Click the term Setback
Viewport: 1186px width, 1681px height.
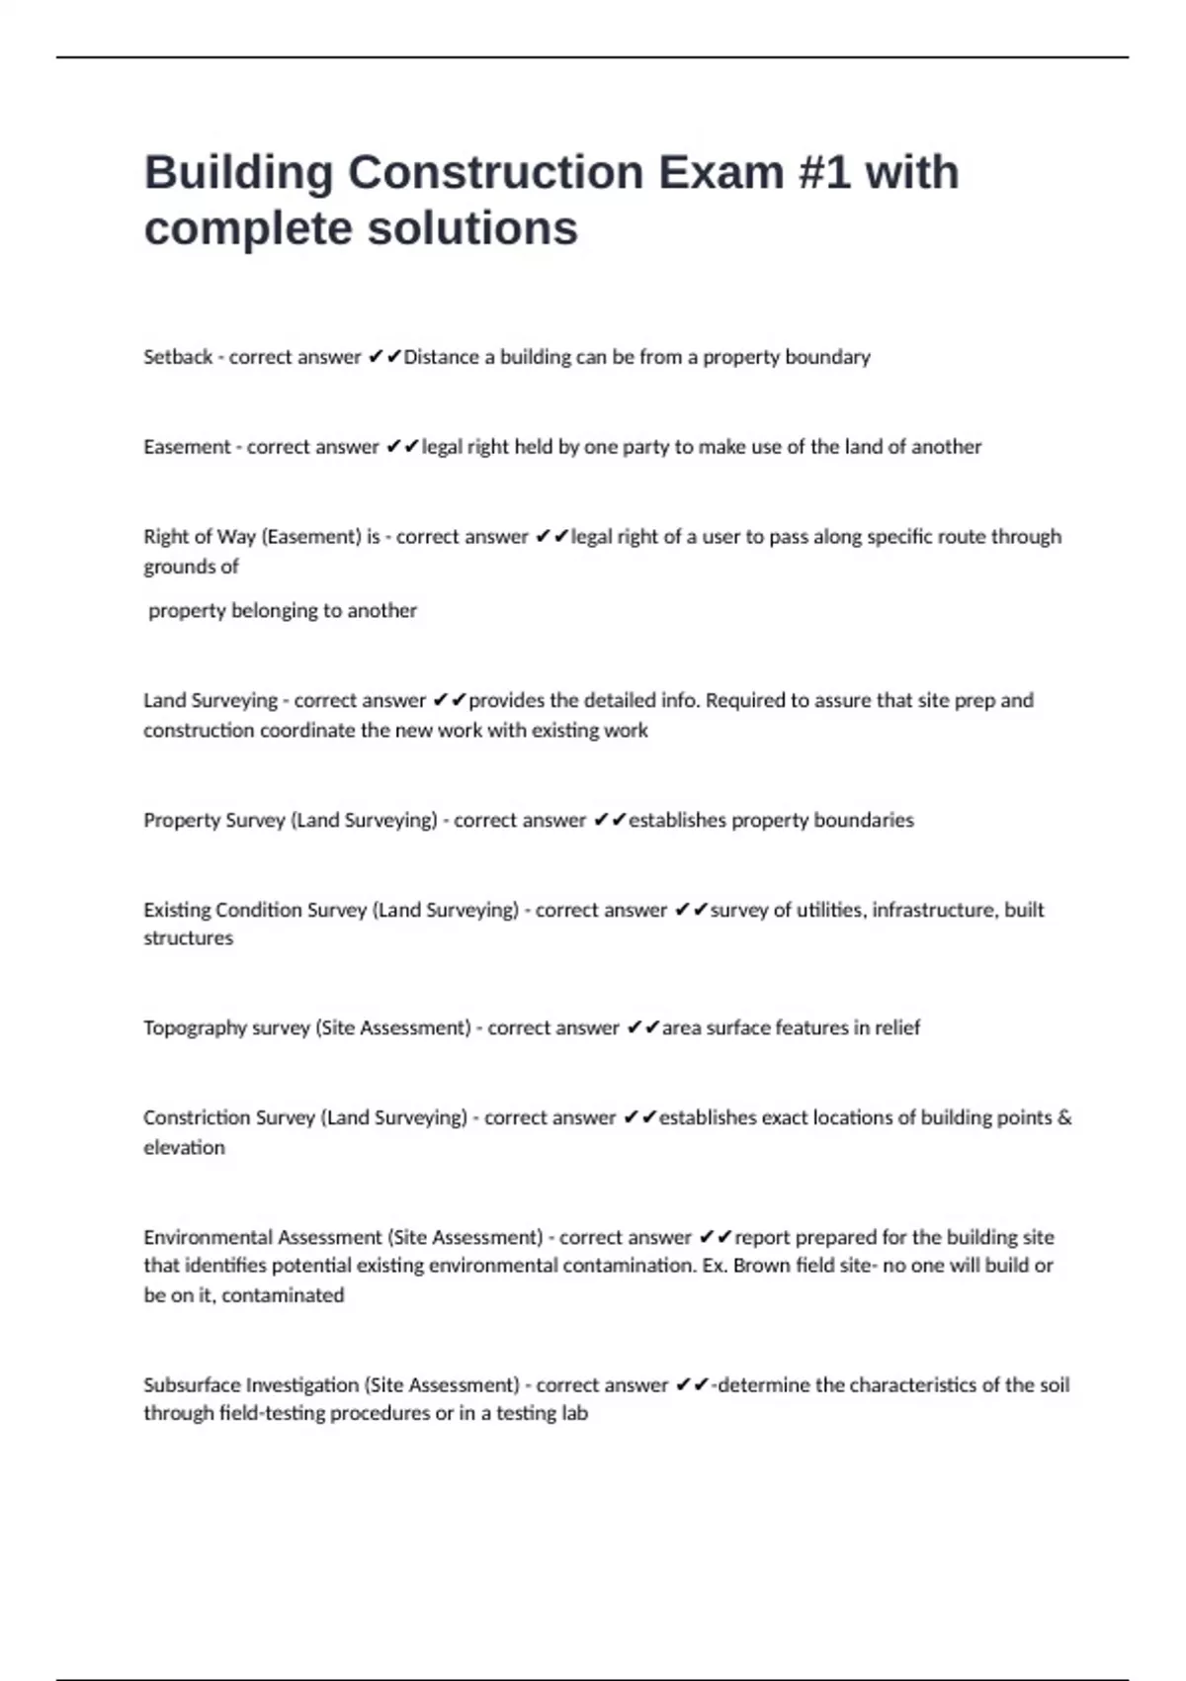tap(178, 357)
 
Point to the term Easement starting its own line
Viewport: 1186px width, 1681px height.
tap(187, 447)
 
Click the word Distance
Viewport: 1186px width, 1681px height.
tap(441, 357)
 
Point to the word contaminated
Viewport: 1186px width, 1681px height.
tap(283, 1295)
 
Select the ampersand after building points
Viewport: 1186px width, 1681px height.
tap(1064, 1117)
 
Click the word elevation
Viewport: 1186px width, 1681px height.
tap(184, 1148)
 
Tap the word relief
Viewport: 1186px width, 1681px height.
tap(896, 1028)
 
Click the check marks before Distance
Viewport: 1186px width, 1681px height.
tap(384, 357)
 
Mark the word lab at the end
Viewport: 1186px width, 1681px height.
tap(574, 1414)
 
